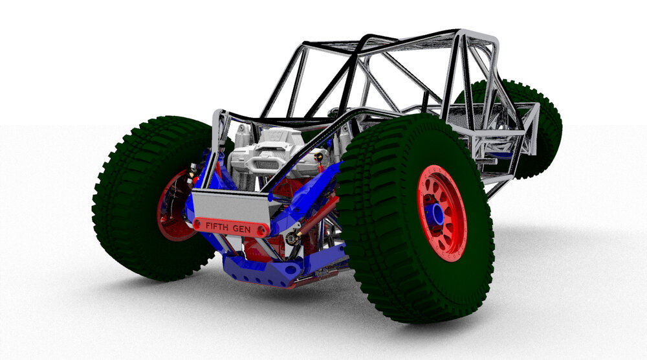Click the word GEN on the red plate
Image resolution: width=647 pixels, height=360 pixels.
(x=241, y=229)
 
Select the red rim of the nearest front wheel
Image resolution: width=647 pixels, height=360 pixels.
(x=441, y=212)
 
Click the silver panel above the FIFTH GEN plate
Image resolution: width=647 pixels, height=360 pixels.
(x=231, y=205)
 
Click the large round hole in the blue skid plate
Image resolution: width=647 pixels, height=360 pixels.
(x=291, y=269)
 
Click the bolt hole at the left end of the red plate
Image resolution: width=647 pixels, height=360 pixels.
(x=198, y=224)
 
